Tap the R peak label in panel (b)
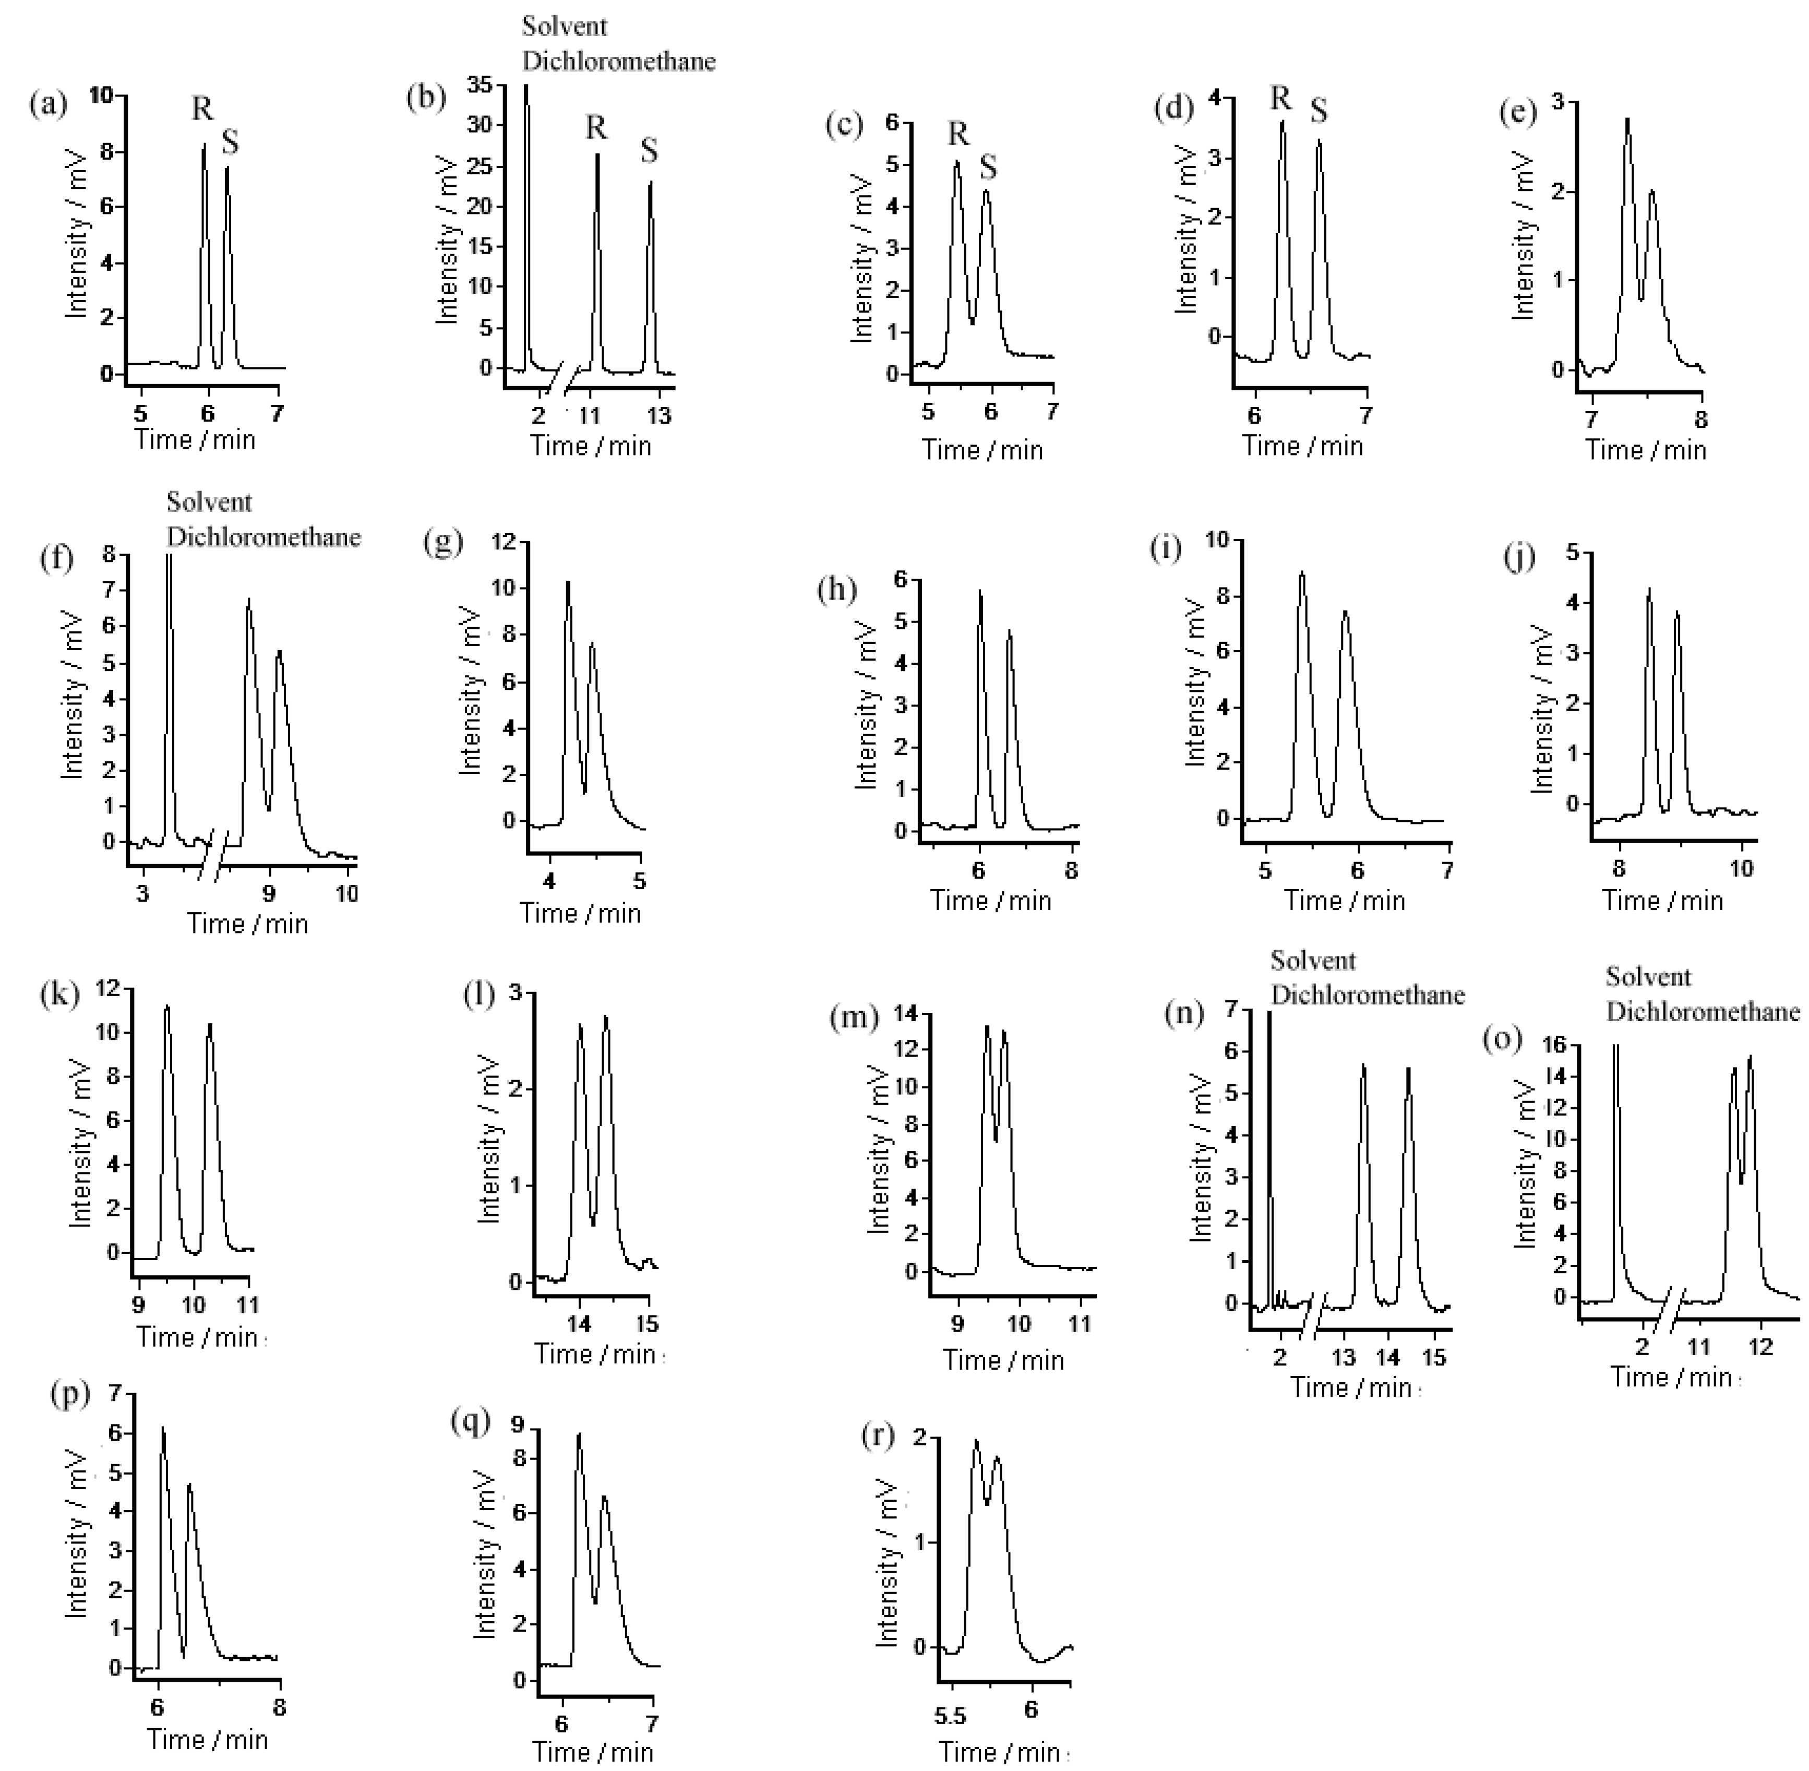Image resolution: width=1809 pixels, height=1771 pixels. point(595,127)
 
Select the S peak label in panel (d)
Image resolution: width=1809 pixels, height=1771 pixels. point(1319,111)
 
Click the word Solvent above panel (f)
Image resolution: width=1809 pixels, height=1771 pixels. point(209,502)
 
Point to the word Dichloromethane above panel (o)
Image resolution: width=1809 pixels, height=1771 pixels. point(1702,1011)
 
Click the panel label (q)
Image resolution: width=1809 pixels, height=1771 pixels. point(469,1420)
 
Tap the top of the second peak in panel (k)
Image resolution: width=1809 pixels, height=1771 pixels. point(210,1024)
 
